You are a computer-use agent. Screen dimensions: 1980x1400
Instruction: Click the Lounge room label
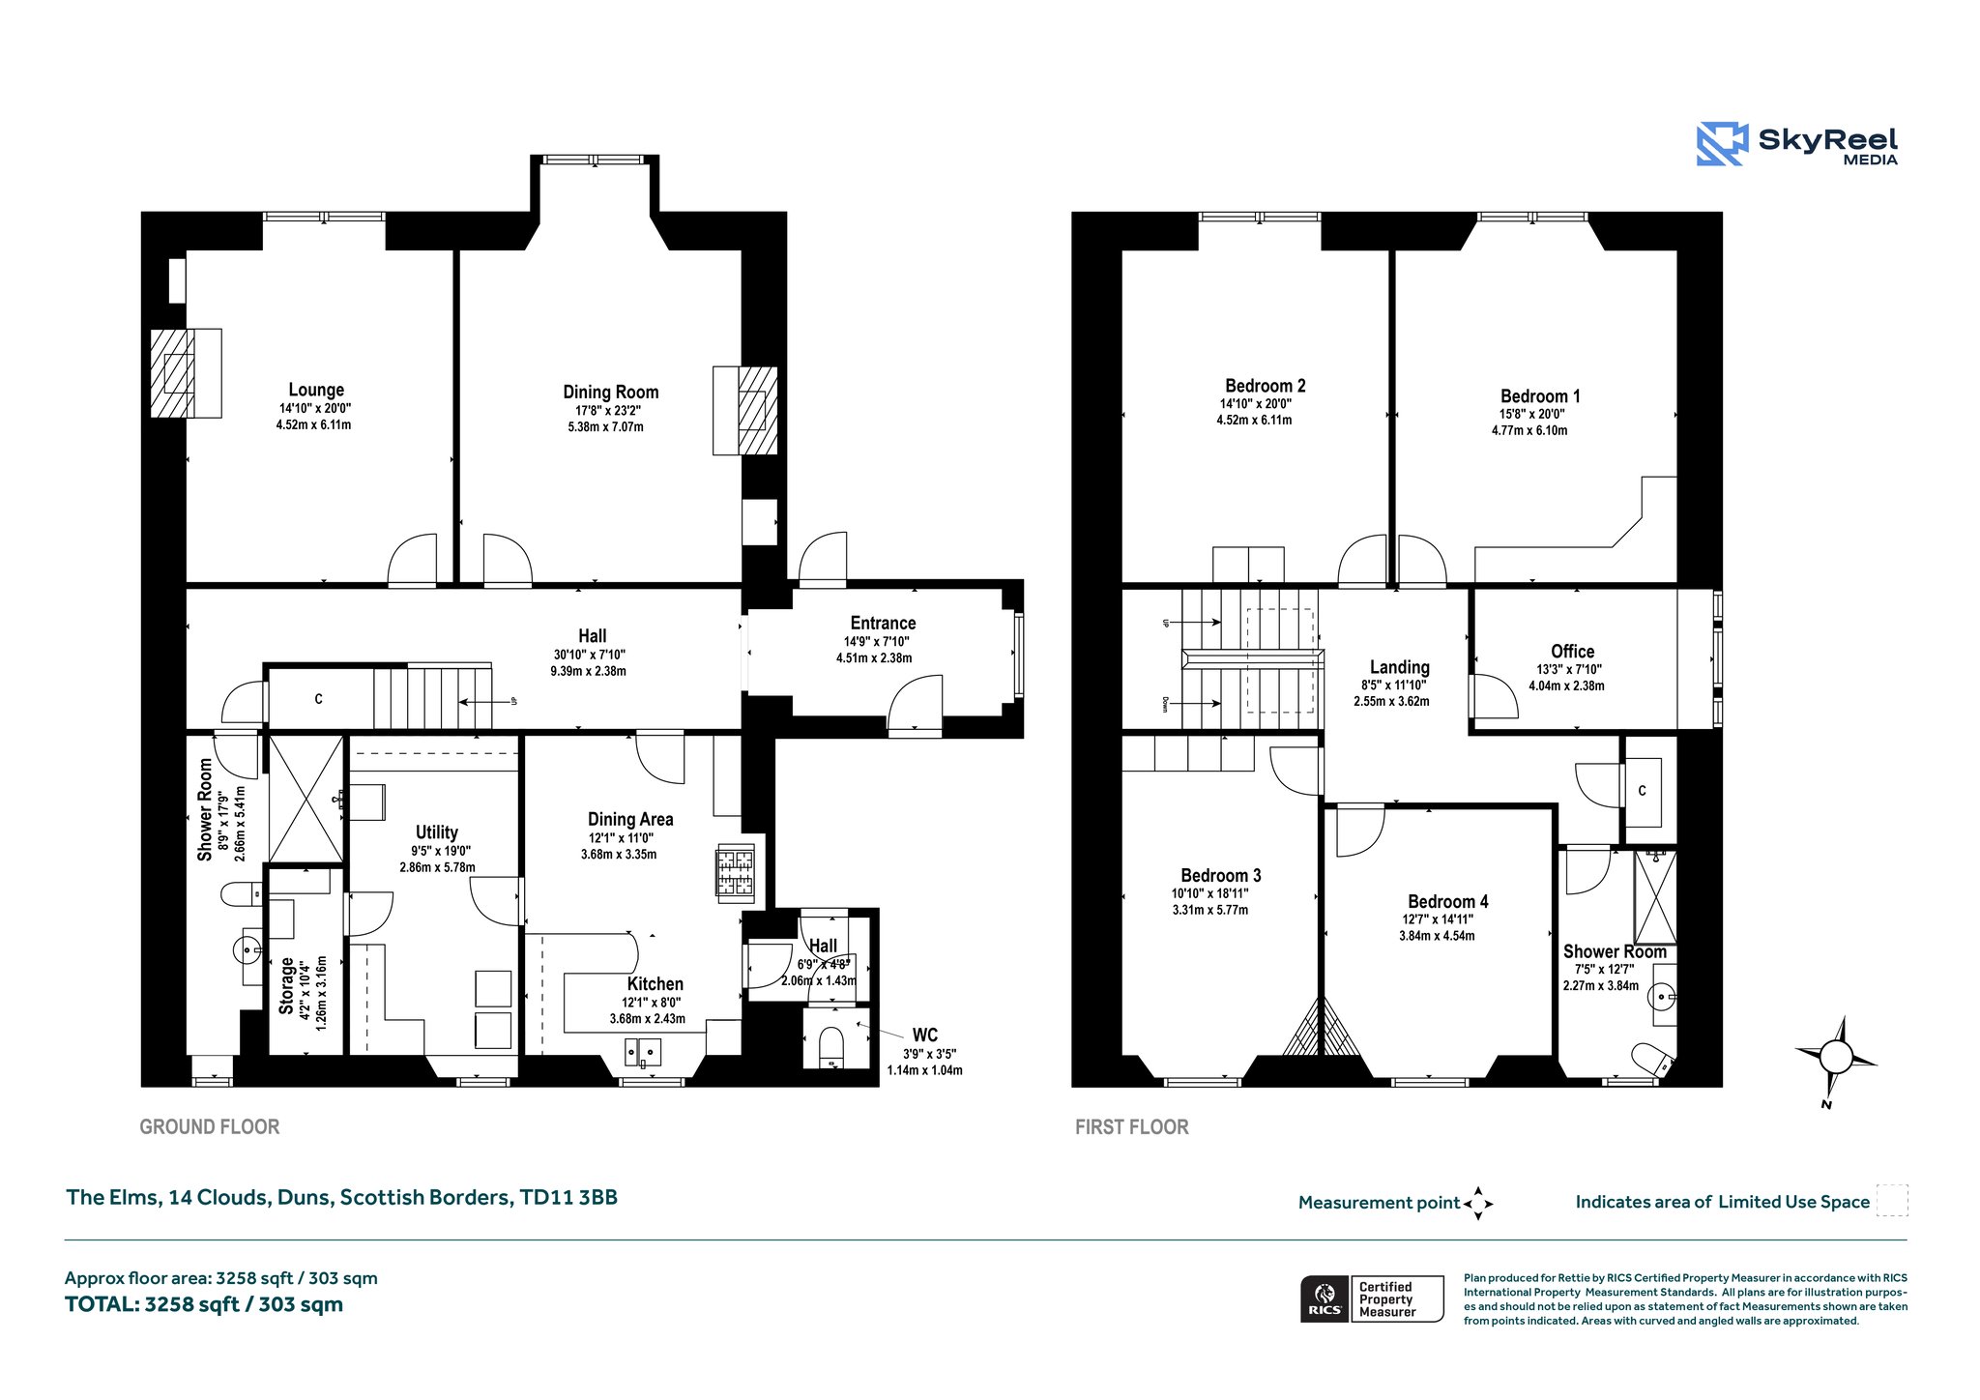[316, 390]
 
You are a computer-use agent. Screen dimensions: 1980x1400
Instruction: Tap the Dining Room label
[611, 392]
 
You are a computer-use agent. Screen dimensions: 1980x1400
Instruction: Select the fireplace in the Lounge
[186, 373]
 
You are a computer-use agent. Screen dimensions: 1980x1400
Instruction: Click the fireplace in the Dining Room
[745, 410]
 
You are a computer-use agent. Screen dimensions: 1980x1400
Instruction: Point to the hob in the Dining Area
[735, 874]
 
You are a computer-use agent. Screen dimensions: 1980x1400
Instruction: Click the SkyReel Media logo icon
[1722, 144]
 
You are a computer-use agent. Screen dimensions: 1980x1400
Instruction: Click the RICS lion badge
[1325, 1298]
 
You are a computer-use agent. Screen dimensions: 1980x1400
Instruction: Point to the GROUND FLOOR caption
[210, 1126]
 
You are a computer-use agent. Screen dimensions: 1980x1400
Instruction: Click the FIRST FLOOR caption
[1132, 1126]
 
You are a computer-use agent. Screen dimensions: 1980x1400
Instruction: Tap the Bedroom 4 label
[1448, 901]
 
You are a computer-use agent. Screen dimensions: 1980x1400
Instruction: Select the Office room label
[1573, 651]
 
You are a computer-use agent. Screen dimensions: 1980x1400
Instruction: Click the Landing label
[1400, 667]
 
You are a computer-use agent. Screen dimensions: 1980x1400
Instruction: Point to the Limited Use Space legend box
[1892, 1201]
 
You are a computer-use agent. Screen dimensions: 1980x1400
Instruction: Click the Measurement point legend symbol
[1478, 1204]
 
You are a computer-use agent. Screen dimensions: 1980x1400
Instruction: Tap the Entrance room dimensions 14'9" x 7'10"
[877, 641]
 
